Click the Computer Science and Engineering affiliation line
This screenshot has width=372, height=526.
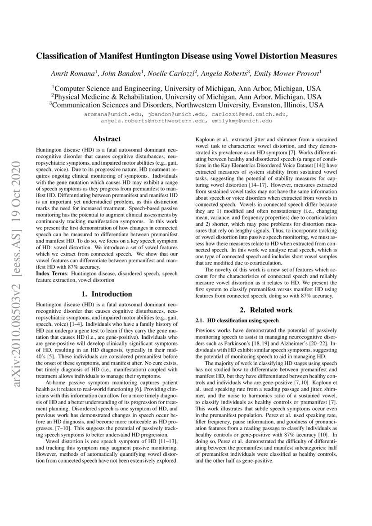tap(187, 88)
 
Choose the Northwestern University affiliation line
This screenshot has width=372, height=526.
tap(186, 105)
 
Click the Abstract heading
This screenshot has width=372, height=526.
tap(106, 139)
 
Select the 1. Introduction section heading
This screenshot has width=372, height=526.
tap(106, 294)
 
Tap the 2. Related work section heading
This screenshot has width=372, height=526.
tap(265, 310)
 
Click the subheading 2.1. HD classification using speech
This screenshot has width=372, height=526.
tap(237, 320)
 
